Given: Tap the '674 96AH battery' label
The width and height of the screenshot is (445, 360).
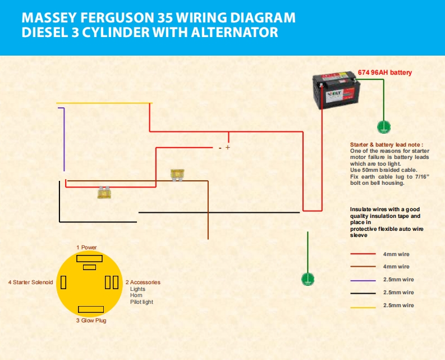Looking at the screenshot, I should click(x=385, y=72).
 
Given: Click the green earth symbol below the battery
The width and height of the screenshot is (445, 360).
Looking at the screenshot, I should click(x=384, y=127).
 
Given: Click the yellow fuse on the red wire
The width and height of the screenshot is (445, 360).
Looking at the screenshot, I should click(x=104, y=192).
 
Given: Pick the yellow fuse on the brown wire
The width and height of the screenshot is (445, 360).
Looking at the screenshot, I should click(x=177, y=175).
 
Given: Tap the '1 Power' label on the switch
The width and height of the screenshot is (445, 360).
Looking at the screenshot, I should click(x=87, y=247).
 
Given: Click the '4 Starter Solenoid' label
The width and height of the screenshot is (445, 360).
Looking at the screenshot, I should click(x=31, y=282).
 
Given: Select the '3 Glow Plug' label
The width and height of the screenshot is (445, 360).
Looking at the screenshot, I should click(x=91, y=321).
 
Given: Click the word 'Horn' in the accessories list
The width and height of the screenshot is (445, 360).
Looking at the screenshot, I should click(x=136, y=295).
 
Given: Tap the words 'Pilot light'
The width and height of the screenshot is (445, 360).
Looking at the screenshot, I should click(x=141, y=302).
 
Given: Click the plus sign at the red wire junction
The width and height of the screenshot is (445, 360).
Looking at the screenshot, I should click(x=228, y=148).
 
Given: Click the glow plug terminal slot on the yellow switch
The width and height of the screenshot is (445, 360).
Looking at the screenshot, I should click(x=90, y=309).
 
